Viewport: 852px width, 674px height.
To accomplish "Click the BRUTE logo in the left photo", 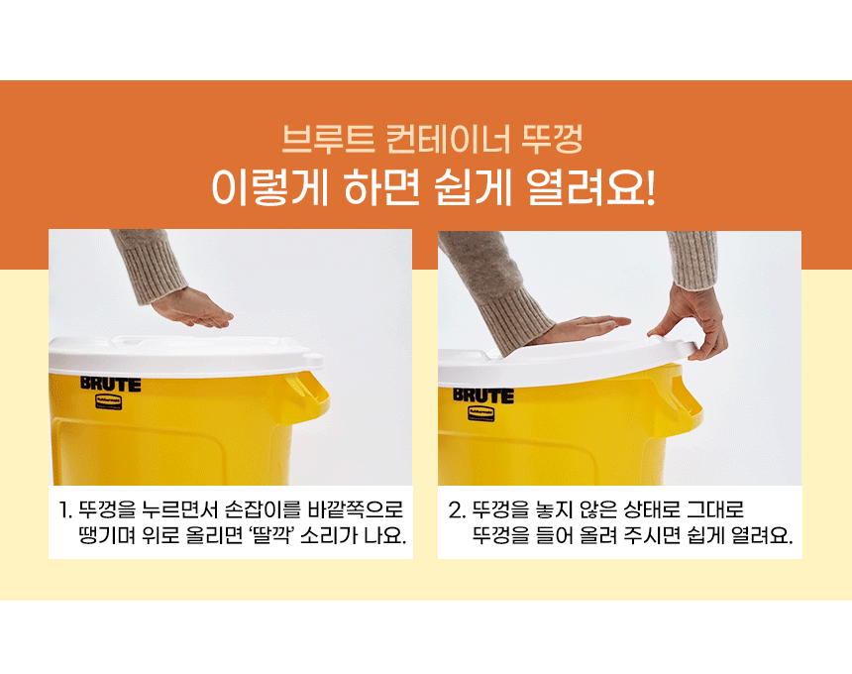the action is (x=111, y=384).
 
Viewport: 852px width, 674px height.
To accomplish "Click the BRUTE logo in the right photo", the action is (x=483, y=395).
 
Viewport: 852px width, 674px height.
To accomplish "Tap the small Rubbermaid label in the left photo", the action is (x=109, y=401).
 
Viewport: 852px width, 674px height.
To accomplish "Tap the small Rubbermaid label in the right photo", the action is (x=480, y=413).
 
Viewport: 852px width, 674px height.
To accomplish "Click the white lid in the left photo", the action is (x=184, y=356).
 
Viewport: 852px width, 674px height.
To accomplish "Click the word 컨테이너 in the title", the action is (x=448, y=139).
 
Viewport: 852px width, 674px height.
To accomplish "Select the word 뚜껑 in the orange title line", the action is (x=552, y=139).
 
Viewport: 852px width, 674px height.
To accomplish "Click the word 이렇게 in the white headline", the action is (x=270, y=187).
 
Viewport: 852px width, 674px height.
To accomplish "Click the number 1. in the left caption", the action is (x=64, y=510).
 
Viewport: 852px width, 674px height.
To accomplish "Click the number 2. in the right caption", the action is (x=457, y=510).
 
